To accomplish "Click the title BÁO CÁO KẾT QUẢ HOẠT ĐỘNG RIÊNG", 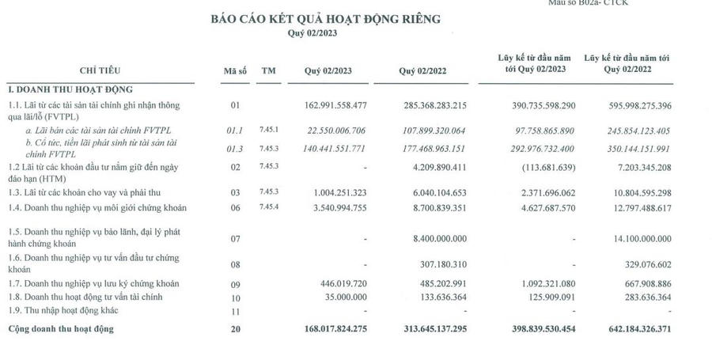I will [324, 20].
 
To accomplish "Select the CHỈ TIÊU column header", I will [100, 71].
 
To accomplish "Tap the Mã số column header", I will [235, 71].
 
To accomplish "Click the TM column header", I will [269, 71].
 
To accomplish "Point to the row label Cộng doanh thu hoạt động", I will [61, 329].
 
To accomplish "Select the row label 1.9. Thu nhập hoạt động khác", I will [62, 310].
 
